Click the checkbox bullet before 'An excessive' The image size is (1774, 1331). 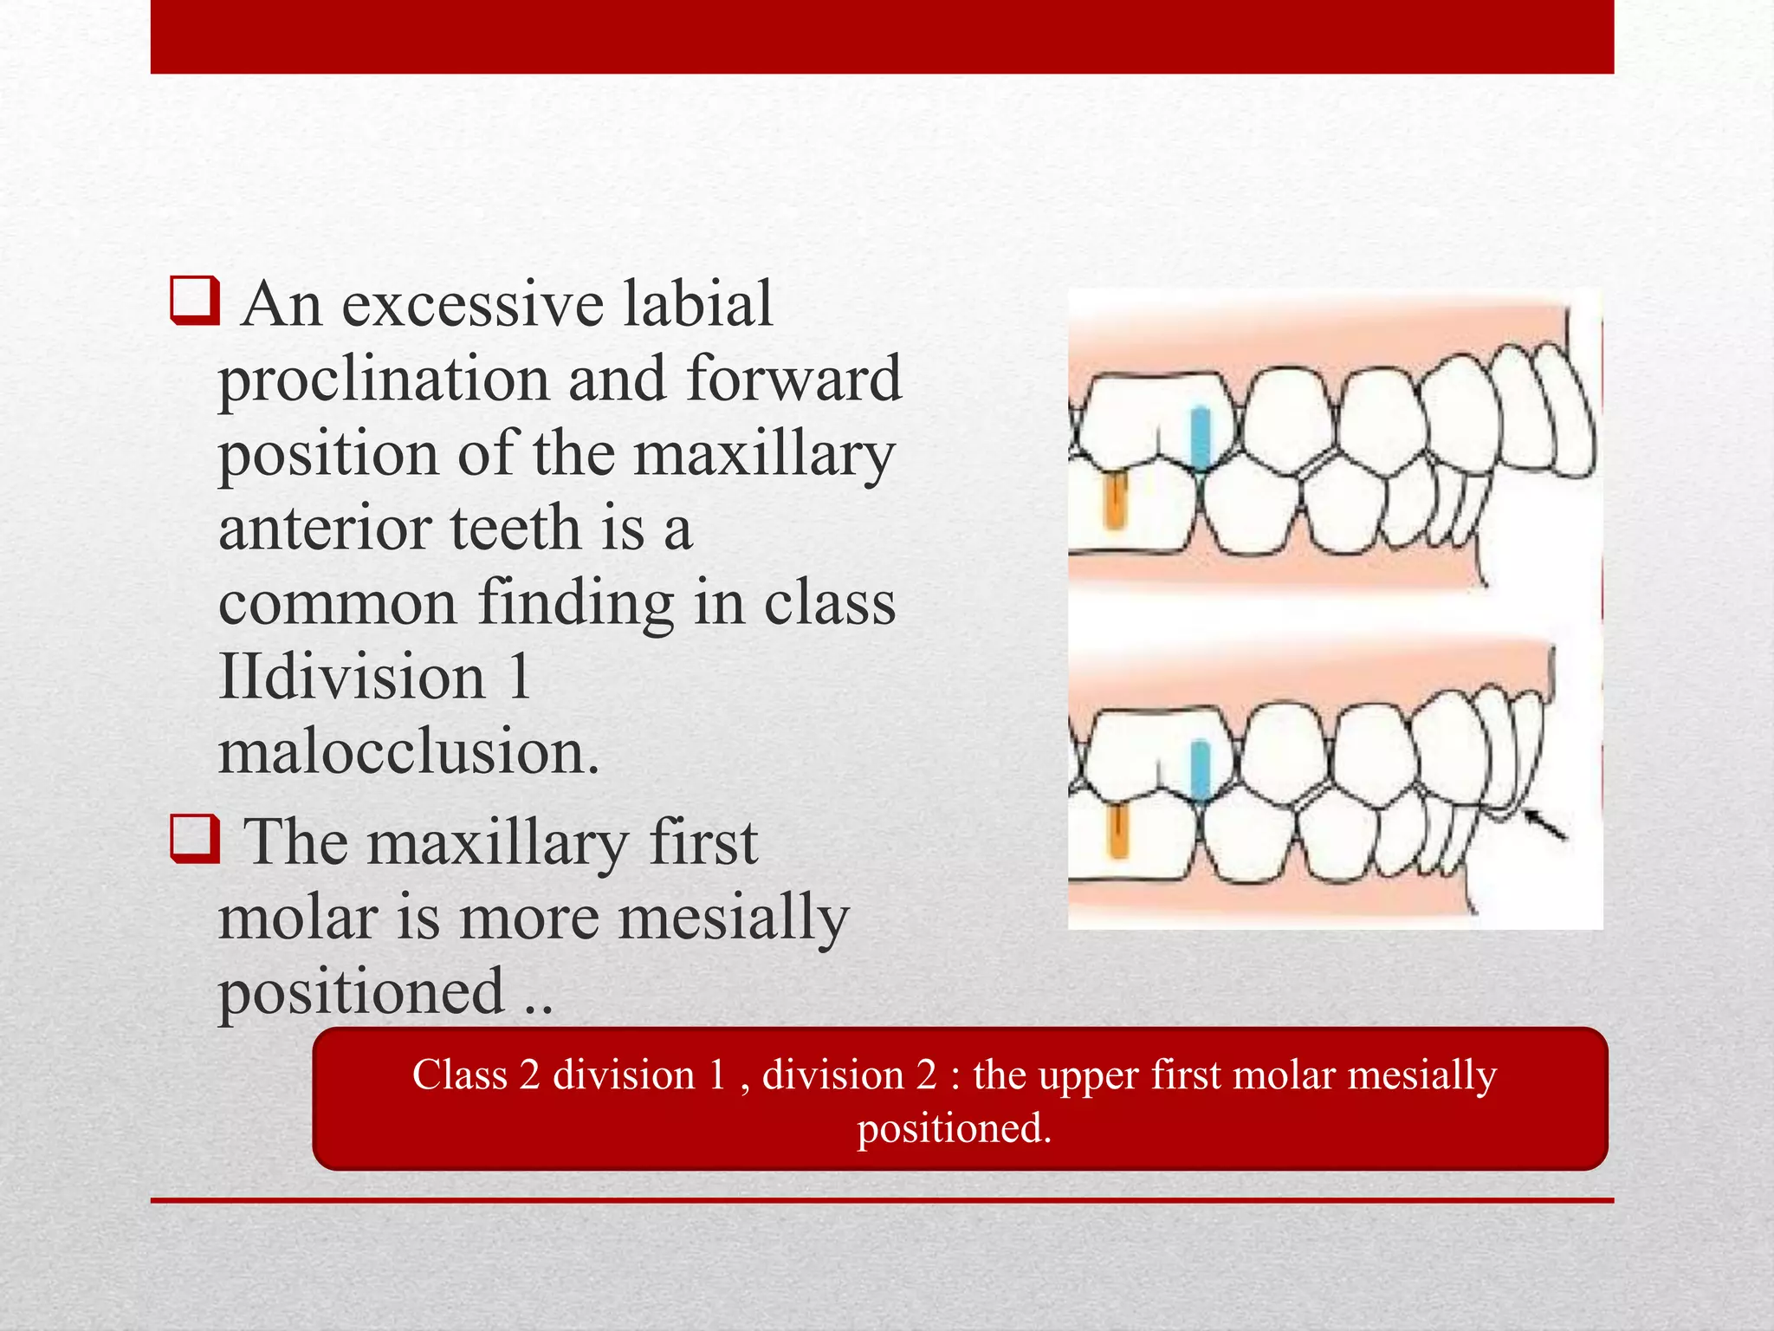pyautogui.click(x=195, y=301)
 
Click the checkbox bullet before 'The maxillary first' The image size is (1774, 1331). pyautogui.click(x=195, y=839)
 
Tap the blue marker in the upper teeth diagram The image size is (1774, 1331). pyautogui.click(x=1200, y=437)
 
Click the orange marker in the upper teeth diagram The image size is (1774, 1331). pyautogui.click(x=1114, y=502)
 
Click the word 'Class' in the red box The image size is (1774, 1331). pyautogui.click(x=459, y=1075)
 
